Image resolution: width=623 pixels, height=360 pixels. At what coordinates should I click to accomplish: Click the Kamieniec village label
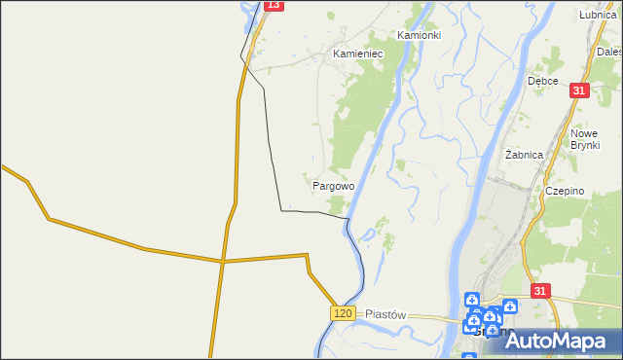357,54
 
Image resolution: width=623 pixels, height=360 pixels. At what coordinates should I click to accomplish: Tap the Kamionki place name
419,34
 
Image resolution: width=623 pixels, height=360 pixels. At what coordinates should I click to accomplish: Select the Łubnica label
598,15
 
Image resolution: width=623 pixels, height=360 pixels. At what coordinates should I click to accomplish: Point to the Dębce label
542,81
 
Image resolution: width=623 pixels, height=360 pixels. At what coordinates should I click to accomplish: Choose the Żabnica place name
524,155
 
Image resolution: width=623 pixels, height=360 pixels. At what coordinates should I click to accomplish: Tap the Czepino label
565,191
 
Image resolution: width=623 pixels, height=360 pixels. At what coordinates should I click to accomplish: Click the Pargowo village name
333,185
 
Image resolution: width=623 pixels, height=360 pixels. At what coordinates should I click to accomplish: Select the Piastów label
385,315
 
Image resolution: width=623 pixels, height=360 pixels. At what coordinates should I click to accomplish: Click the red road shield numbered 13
274,5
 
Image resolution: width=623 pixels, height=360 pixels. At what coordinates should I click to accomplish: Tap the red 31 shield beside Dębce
580,90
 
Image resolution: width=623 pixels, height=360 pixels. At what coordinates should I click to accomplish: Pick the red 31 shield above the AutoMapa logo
542,291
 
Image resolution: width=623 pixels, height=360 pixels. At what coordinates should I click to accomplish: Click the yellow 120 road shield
342,312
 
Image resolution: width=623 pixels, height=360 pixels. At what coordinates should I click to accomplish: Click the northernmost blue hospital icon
471,300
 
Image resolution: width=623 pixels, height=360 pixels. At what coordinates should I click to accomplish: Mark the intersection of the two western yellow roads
222,261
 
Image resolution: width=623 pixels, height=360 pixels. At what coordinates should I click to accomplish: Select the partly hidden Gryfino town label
487,334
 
